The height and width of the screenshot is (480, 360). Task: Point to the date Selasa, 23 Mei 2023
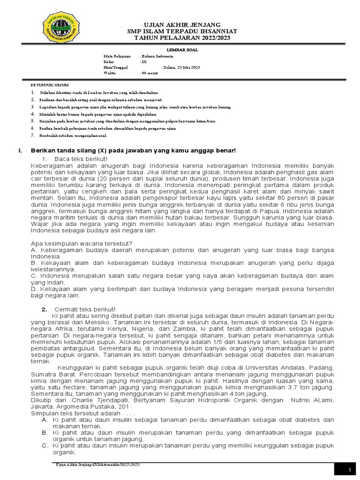point(181,67)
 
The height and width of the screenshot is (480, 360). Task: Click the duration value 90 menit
point(150,74)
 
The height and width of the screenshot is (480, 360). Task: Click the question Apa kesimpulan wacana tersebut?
point(81,244)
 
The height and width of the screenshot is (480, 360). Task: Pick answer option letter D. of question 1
point(33,290)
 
